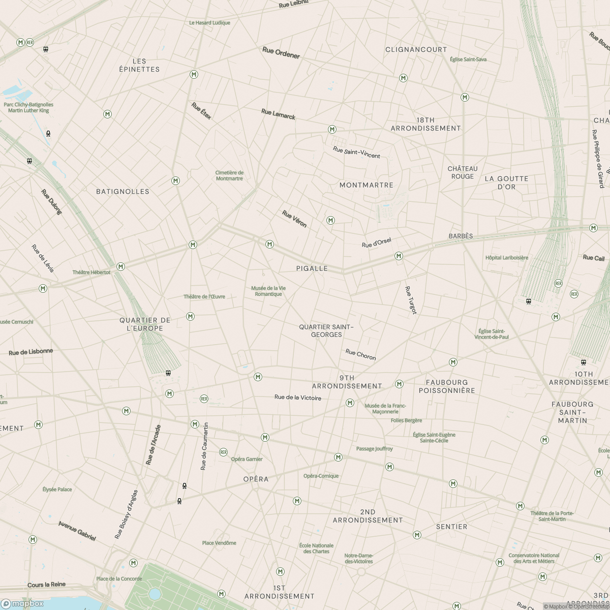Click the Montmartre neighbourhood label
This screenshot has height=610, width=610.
pos(366,185)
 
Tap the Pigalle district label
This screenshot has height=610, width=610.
pos(312,268)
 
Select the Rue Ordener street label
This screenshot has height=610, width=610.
pos(281,53)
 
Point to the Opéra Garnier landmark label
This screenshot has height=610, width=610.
pos(247,459)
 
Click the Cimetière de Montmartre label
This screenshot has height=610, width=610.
pos(229,175)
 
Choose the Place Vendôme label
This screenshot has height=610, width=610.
pos(219,543)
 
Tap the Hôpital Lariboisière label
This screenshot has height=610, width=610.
pos(506,258)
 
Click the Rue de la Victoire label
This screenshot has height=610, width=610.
pos(298,398)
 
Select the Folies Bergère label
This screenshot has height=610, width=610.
pos(406,420)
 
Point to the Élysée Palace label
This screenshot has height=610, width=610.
pos(57,490)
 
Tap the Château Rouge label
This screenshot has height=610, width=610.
pos(462,172)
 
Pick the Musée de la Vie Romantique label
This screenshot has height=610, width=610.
pos(268,291)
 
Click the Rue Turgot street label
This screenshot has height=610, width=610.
pos(410,300)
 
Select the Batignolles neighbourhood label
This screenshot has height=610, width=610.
pos(123,192)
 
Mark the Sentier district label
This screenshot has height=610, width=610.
pos(451,527)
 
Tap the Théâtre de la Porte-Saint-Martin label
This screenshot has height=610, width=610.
pos(552,516)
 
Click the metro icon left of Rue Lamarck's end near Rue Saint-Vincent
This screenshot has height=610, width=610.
pos(332,130)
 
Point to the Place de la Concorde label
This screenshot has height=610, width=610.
pos(119,578)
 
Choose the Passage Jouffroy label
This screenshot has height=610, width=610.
pos(374,449)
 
